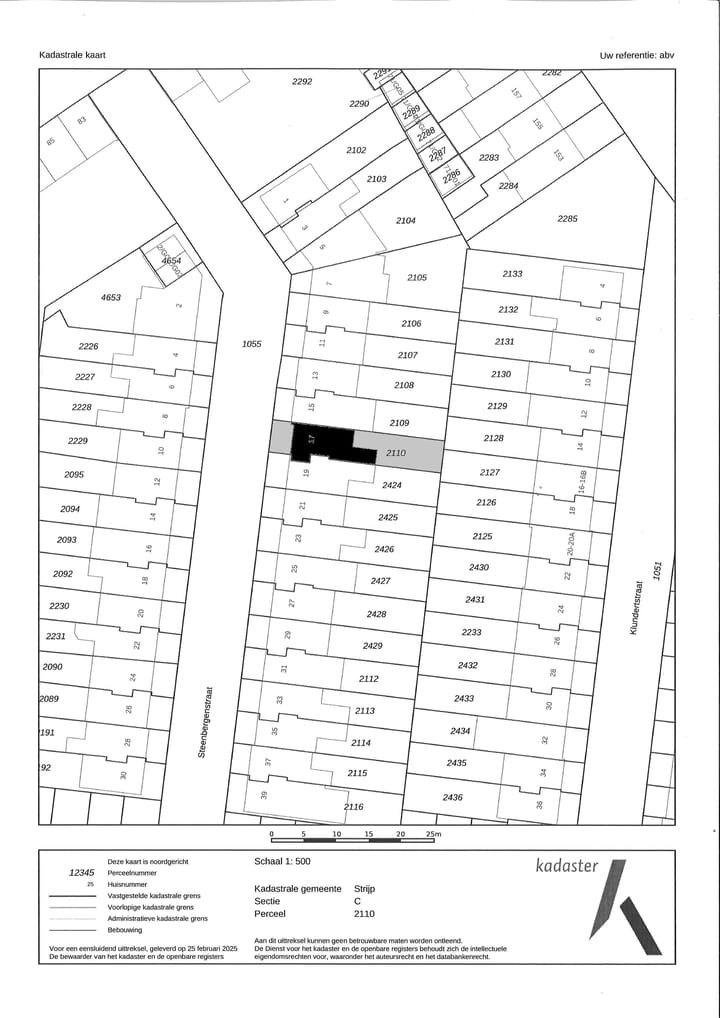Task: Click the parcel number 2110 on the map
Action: click(395, 454)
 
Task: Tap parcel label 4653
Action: click(111, 298)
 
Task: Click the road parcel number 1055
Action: click(251, 344)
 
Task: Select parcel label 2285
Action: click(568, 218)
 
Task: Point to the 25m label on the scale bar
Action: click(433, 833)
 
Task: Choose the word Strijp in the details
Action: click(365, 888)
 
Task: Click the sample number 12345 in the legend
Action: click(81, 873)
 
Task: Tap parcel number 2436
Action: click(452, 797)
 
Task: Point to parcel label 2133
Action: click(512, 274)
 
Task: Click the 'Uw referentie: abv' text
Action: click(637, 56)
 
